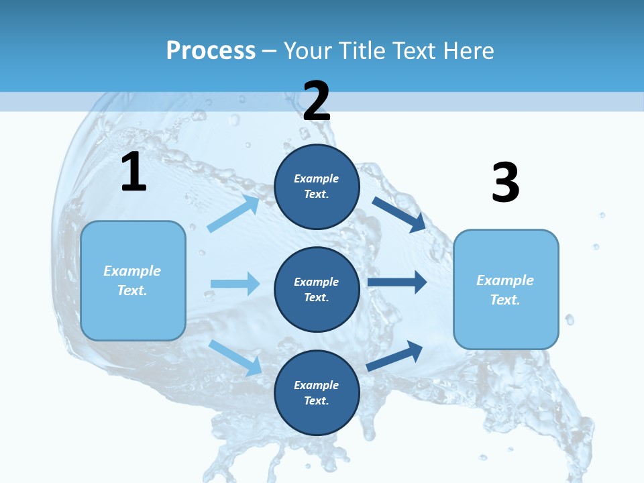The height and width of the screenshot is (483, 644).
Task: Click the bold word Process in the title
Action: point(211,50)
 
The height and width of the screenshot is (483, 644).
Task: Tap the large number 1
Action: point(133,172)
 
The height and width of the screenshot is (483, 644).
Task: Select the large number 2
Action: point(317,101)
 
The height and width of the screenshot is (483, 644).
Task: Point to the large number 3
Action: point(505,183)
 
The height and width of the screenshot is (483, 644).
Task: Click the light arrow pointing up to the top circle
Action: point(233,213)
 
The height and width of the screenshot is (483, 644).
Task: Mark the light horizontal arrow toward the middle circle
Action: point(235,284)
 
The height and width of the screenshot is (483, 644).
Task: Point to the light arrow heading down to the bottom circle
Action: point(235,358)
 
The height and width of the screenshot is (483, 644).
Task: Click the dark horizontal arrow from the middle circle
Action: point(397,282)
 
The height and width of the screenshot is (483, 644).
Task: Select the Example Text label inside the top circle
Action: point(317,186)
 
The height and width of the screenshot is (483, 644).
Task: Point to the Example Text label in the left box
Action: point(132,280)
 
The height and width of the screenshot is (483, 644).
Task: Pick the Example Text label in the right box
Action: point(505,290)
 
